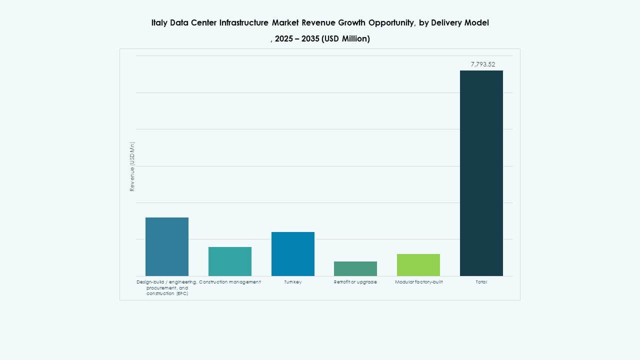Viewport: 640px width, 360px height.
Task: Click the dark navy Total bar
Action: (x=481, y=173)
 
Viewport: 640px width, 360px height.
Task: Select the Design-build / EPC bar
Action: (x=167, y=246)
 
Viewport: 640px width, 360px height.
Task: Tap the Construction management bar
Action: (x=230, y=261)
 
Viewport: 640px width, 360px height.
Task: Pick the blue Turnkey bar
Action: (x=293, y=254)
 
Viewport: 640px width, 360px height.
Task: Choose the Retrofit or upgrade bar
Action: (x=355, y=268)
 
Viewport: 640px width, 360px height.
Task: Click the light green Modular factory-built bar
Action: (x=418, y=265)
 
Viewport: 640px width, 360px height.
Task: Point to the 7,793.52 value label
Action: (x=483, y=64)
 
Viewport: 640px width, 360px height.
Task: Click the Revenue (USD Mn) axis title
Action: (x=132, y=166)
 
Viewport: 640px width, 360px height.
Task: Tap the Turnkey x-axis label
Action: (x=293, y=282)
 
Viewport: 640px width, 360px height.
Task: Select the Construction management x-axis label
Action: (x=230, y=282)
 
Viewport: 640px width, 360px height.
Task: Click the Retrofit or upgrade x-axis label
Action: (x=355, y=282)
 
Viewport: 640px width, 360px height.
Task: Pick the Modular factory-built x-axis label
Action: (x=418, y=282)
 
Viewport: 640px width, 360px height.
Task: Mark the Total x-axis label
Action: (x=481, y=282)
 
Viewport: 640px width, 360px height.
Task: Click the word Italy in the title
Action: (x=159, y=22)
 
